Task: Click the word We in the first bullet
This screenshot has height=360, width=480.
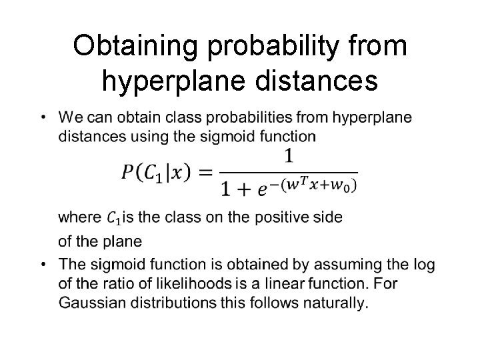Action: (x=69, y=118)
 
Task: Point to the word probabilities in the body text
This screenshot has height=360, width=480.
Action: (x=253, y=118)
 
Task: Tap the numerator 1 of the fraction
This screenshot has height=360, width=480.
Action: (x=289, y=157)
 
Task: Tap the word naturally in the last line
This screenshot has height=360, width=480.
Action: (x=337, y=303)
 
